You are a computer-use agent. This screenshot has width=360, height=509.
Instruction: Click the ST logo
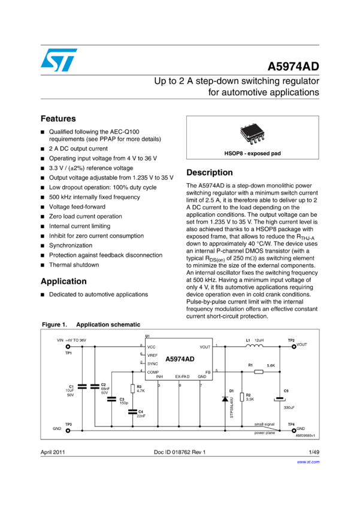pyautogui.click(x=59, y=60)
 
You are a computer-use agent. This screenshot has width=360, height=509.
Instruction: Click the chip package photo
pyautogui.click(x=253, y=134)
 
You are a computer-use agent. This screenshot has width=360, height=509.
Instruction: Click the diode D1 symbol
pyautogui.click(x=225, y=398)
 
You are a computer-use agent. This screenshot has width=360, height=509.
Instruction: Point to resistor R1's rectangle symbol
pyautogui.click(x=258, y=372)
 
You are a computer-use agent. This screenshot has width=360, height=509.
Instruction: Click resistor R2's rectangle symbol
pyautogui.click(x=241, y=397)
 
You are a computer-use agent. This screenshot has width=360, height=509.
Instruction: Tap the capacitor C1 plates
pyautogui.click(x=83, y=387)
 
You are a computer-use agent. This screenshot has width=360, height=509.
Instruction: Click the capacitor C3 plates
pyautogui.click(x=112, y=399)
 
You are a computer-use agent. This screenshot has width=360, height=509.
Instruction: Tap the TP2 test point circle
pyautogui.click(x=293, y=346)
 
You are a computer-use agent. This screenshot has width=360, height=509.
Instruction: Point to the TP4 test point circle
pyautogui.click(x=293, y=430)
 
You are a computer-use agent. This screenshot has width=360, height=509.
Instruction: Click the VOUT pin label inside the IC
pyautogui.click(x=205, y=347)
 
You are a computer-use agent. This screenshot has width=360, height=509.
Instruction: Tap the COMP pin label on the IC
pyautogui.click(x=153, y=372)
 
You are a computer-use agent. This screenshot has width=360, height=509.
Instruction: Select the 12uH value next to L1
pyautogui.click(x=259, y=340)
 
